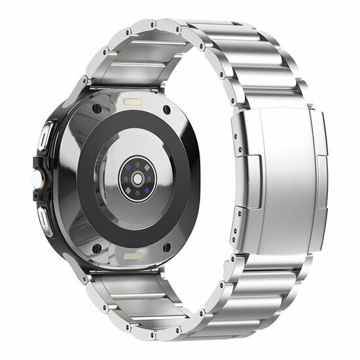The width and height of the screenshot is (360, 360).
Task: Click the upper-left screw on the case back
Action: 98,107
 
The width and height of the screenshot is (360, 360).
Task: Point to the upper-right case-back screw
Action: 168,109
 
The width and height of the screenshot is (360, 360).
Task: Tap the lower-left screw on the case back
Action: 97,249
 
